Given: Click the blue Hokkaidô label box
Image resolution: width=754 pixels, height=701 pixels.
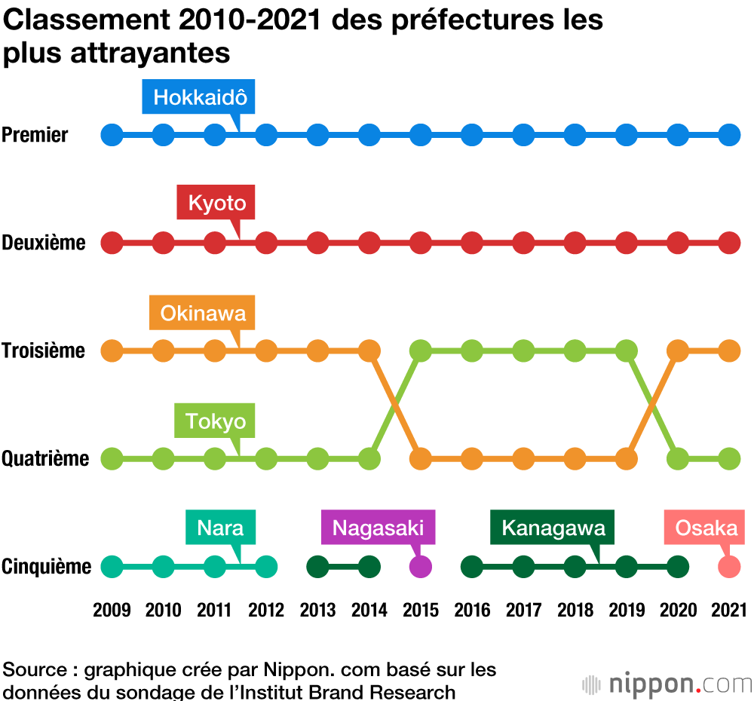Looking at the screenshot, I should (200, 97).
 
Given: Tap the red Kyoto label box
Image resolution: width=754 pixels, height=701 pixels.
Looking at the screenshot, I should (216, 203).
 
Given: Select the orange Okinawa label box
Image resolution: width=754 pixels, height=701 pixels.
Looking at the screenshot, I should (203, 313).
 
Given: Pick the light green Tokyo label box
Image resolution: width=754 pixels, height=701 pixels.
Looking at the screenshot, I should (216, 421).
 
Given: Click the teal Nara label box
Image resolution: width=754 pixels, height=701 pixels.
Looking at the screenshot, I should (220, 528).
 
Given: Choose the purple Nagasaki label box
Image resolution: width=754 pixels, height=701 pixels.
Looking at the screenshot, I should (379, 528).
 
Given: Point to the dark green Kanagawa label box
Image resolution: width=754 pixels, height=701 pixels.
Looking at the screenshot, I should (553, 528).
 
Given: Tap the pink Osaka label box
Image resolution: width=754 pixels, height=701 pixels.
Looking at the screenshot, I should (706, 528).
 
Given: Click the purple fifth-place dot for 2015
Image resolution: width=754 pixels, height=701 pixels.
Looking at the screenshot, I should (420, 566).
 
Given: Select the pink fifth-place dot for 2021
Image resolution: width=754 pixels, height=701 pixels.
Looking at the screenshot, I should (729, 566).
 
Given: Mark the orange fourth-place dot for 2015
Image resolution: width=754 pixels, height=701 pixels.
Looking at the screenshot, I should (420, 458).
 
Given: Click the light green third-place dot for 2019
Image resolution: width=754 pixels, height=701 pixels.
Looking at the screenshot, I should (626, 350).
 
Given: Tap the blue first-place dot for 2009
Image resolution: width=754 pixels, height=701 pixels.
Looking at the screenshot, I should (112, 135).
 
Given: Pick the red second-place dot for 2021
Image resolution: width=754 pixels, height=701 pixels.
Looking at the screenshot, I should (729, 243).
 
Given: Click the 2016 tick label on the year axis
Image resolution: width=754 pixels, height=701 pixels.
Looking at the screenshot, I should (471, 610).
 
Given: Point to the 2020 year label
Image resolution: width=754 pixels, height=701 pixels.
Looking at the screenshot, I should (678, 610).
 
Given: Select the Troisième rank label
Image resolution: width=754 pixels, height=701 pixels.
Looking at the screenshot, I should (43, 350).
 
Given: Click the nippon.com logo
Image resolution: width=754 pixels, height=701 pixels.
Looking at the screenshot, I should (667, 684).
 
